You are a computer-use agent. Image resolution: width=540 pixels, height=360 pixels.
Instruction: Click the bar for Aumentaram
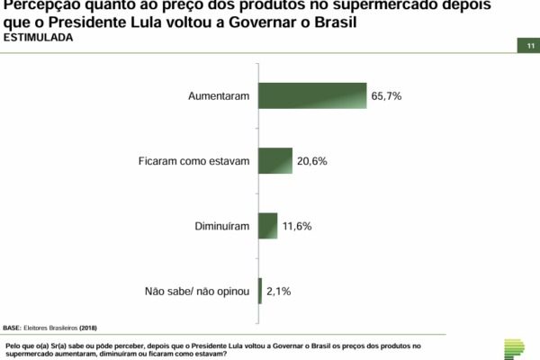[x=312, y=95]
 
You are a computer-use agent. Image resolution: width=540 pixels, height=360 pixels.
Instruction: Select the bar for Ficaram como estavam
[x=275, y=160]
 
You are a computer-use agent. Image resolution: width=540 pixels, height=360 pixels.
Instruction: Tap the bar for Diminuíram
[x=267, y=225]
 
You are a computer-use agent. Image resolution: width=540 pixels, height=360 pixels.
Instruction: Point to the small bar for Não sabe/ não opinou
[x=260, y=291]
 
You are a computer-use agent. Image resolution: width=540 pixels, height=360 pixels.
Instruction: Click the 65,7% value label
[x=387, y=95]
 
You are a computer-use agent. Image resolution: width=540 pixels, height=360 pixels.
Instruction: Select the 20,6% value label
[x=312, y=160]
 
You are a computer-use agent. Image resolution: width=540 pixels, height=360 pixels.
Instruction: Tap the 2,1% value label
[x=278, y=291]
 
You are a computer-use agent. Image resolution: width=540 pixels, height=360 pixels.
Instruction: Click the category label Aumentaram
[x=219, y=95]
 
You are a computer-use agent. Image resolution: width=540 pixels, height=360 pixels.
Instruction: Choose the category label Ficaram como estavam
[x=193, y=160]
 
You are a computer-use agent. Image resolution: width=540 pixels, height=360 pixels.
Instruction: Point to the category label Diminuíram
[x=221, y=226]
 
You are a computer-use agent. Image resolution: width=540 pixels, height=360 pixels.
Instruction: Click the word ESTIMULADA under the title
[x=40, y=40]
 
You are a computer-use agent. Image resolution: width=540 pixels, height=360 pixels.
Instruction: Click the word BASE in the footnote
[x=13, y=328]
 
